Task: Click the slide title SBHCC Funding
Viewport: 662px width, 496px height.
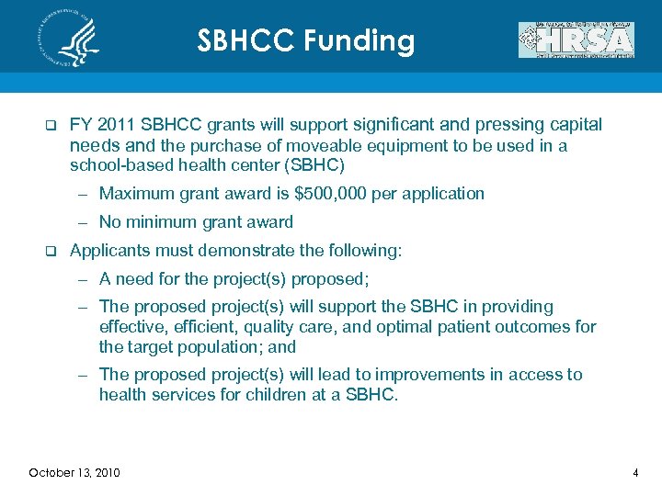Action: (x=306, y=40)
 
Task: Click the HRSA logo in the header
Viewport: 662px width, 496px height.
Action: (x=576, y=40)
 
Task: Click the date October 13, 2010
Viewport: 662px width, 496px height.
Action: (x=74, y=473)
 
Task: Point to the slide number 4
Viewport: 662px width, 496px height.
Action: (x=634, y=473)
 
